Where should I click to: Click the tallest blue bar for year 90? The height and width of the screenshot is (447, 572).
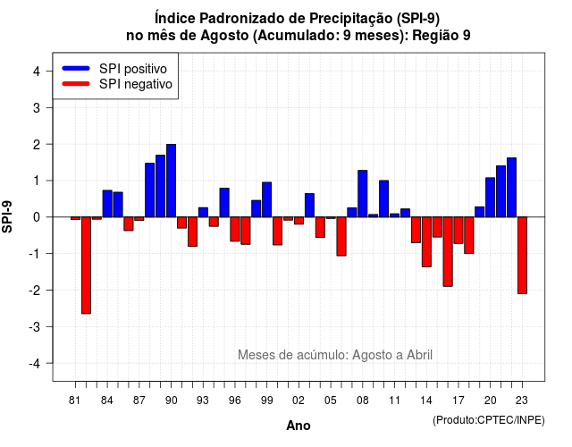point(171,181)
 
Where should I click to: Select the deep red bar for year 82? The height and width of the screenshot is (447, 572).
point(86,266)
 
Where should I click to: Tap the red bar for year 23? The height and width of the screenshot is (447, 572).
point(522,256)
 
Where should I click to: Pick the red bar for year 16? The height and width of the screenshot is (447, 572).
point(448,252)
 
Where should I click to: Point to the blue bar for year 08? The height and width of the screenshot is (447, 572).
point(363,194)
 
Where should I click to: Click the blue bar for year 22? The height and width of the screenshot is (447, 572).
point(512,188)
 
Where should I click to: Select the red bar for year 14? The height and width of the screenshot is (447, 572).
point(426,242)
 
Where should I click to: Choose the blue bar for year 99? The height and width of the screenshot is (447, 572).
point(266,199)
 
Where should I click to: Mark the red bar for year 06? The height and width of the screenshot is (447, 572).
point(341,236)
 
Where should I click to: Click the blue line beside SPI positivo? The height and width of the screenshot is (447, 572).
point(76,68)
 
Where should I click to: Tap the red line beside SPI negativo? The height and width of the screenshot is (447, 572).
point(76,84)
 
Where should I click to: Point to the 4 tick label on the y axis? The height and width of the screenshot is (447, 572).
point(37,72)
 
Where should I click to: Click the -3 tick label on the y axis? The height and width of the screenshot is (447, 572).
point(34,327)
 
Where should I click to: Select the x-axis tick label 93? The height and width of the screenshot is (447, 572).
point(203,401)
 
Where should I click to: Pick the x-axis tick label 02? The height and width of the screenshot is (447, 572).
point(299,401)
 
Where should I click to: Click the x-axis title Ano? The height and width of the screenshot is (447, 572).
point(299,426)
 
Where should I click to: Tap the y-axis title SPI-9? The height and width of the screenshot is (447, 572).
point(7,216)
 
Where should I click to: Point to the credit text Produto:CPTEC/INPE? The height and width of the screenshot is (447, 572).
point(489,420)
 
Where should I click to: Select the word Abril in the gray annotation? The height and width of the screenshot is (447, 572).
point(419,355)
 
